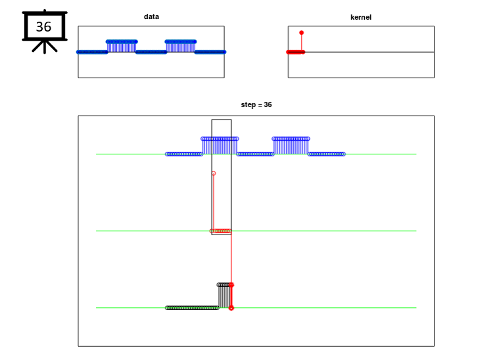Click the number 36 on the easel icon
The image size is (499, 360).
43,27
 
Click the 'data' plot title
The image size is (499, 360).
151,16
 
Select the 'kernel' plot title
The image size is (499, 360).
361,17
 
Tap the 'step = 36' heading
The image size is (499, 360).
256,104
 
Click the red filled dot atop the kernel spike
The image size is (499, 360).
301,33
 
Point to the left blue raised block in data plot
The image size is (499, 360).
122,47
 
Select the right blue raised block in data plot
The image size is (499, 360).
180,47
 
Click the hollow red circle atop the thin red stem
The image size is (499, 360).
214,173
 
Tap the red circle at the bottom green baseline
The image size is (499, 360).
231,308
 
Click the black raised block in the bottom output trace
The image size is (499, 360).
224,296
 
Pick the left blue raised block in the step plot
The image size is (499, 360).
220,146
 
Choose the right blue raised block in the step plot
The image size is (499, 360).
291,146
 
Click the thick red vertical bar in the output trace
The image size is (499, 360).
231,296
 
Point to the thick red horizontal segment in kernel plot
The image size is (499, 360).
295,52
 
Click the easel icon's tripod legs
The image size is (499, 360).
45,46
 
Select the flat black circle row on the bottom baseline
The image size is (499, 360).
192,308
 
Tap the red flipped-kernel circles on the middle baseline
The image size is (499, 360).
220,231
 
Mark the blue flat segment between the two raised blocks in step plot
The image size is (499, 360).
255,154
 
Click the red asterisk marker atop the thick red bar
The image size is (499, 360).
231,285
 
